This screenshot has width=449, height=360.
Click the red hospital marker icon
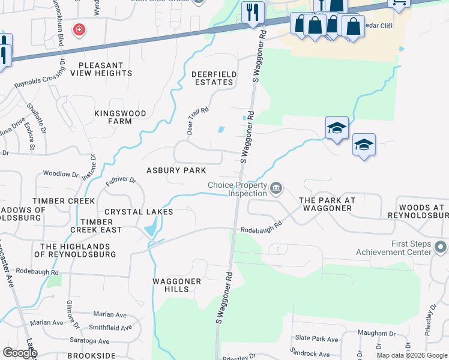[79, 29]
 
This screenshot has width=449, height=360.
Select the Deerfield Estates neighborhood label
[212, 78]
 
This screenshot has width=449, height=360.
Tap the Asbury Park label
[176, 170]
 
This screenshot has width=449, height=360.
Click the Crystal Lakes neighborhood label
[139, 212]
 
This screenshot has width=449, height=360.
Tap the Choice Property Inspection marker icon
[276, 189]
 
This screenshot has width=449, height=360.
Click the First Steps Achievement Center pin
[441, 247]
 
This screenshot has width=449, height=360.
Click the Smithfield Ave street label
[110, 328]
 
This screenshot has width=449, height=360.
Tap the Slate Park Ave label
[316, 340]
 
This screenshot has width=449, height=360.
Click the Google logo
[20, 353]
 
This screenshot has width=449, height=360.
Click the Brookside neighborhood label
[91, 356]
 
